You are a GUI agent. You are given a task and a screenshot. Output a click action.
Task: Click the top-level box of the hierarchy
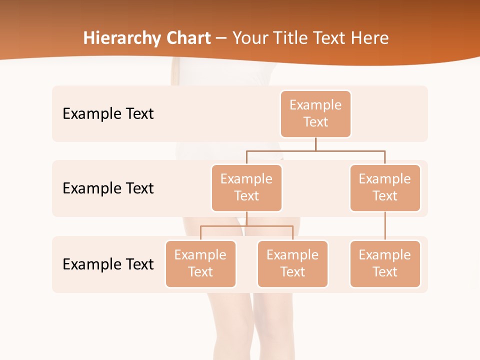(x=315, y=113)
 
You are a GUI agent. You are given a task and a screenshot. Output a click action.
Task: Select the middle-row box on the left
(x=246, y=187)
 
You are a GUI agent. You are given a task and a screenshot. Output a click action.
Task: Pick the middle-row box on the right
(x=385, y=187)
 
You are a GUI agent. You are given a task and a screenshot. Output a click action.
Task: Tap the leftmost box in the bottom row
(x=200, y=263)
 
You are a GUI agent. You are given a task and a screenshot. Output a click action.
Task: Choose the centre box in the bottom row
(x=292, y=263)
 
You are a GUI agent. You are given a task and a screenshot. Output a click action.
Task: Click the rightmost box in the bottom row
(x=385, y=263)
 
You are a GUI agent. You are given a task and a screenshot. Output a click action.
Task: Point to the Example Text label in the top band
(x=108, y=113)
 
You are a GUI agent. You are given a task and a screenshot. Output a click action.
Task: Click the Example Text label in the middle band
(x=108, y=188)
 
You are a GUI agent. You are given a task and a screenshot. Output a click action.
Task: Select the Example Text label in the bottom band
(x=108, y=264)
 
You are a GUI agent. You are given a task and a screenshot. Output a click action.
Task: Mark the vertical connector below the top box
(x=315, y=144)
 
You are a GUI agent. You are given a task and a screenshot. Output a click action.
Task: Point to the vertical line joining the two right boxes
(x=385, y=225)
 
